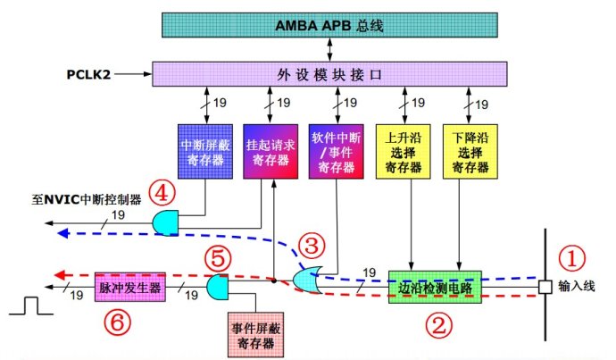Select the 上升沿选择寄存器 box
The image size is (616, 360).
(402, 148)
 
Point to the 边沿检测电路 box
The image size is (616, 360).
(435, 288)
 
